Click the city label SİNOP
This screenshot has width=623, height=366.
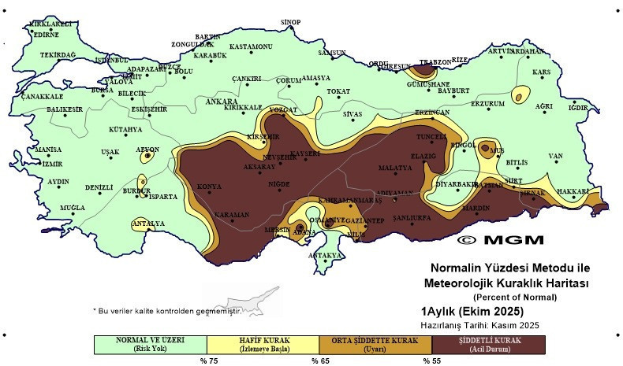[x=292, y=22]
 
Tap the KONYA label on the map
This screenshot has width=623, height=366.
[x=208, y=187]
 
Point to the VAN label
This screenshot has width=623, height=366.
[x=555, y=156]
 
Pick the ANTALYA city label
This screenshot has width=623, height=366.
[x=148, y=224]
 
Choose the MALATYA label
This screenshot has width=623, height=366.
[x=395, y=168]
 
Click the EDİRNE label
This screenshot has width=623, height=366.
[x=44, y=35]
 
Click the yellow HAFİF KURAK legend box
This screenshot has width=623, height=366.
[x=263, y=343]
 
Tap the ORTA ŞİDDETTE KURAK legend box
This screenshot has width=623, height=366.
[x=375, y=343]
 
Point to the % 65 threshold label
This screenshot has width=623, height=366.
[x=319, y=360]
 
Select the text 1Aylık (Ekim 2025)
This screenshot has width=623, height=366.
[x=466, y=311]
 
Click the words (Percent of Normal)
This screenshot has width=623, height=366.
[x=515, y=297]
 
